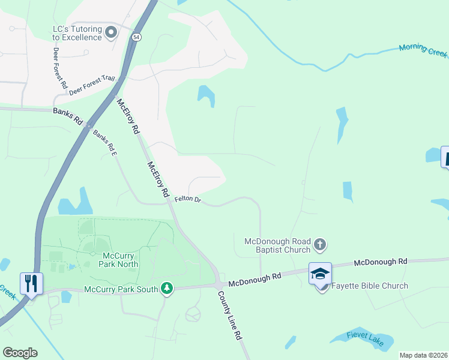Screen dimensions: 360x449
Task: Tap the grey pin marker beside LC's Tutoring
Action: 110,32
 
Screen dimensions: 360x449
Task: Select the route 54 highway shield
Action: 137,37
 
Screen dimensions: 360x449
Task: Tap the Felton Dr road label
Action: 187,199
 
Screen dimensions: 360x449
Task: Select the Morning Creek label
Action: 423,50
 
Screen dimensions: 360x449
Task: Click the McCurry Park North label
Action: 117,259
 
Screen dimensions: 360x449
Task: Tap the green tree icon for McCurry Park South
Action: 166,289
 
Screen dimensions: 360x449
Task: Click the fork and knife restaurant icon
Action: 31,283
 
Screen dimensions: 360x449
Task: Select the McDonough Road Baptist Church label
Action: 277,245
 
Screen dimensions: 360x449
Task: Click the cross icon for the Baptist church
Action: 320,244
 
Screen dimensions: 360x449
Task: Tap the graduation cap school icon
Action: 321,274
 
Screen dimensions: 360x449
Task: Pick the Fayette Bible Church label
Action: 370,286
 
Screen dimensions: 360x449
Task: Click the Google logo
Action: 20,352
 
